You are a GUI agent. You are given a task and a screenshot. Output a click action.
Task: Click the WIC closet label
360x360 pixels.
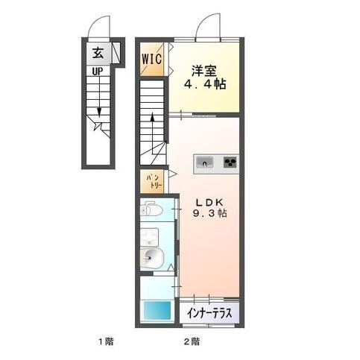tap(153, 57)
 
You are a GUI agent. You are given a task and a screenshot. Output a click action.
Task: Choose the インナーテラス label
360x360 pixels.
tap(209, 313)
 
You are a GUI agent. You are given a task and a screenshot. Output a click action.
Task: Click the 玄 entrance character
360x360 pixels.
tap(98, 53)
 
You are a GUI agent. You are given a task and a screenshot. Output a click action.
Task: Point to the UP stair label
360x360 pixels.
tap(98, 72)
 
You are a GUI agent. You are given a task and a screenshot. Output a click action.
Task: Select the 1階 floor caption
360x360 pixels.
tap(104, 342)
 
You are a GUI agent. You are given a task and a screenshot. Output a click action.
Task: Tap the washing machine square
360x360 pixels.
tap(150, 239)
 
